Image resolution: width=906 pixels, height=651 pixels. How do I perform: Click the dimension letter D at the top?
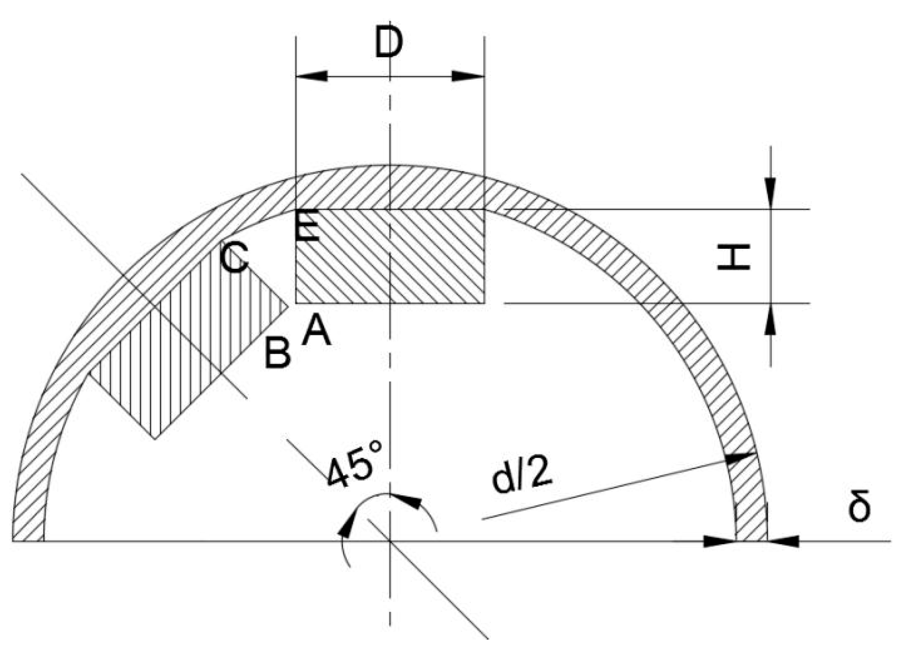[388, 42]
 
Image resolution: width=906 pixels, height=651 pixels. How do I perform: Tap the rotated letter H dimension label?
[733, 257]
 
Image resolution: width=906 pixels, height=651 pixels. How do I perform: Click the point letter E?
[306, 227]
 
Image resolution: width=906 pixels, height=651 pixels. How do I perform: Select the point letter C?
[234, 258]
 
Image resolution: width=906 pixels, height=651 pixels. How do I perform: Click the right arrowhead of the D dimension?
[468, 76]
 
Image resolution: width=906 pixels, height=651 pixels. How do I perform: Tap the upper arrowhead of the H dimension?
[770, 192]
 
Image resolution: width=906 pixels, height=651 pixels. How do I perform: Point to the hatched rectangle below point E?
[390, 256]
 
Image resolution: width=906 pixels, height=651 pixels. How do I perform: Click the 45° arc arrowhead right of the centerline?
[408, 501]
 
